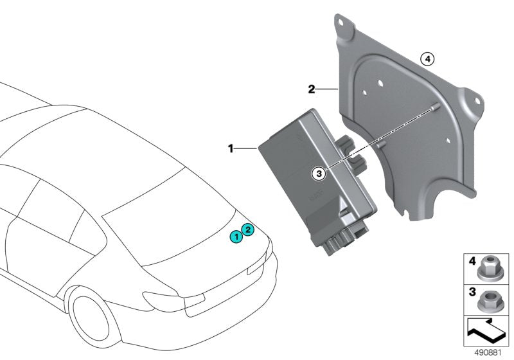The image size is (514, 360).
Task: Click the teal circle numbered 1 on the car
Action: pos(237,237)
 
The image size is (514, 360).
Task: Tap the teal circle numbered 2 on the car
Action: pos(248,229)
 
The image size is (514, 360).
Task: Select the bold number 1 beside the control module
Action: pos(231,148)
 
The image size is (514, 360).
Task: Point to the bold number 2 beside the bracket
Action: pos(311,89)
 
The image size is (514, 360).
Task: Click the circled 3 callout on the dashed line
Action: pos(316,172)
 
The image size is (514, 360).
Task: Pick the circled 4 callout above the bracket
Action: pos(427,59)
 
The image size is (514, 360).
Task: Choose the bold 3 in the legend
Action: pos(472,292)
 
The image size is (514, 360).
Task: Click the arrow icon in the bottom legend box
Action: pos(486,330)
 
